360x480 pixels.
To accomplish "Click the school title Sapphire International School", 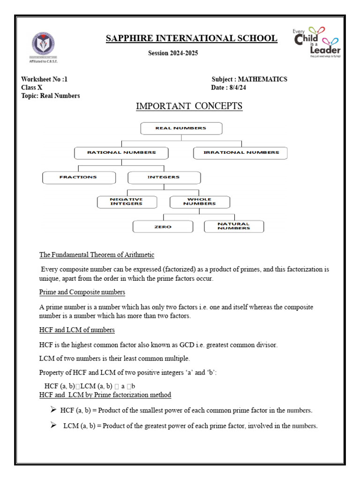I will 191,38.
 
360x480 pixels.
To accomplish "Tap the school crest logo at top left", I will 43,45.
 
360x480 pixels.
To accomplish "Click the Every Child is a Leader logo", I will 316,42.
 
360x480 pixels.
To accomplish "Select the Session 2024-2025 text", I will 173,53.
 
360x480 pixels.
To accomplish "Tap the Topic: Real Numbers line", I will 51,96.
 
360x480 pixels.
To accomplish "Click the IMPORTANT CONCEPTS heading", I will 189,106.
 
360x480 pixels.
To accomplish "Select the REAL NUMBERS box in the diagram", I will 181,128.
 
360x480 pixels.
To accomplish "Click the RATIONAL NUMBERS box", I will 121,153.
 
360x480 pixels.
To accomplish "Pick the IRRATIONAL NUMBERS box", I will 241,153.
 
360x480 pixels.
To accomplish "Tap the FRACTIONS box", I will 78,178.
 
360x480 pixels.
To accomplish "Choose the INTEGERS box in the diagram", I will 164,178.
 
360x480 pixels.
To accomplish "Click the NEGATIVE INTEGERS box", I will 126,202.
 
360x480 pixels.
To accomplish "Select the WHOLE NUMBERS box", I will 200,202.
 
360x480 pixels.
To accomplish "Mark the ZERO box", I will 163,227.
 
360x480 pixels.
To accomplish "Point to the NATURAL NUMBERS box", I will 234,226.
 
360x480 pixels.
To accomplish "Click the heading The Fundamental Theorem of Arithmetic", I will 97,255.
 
